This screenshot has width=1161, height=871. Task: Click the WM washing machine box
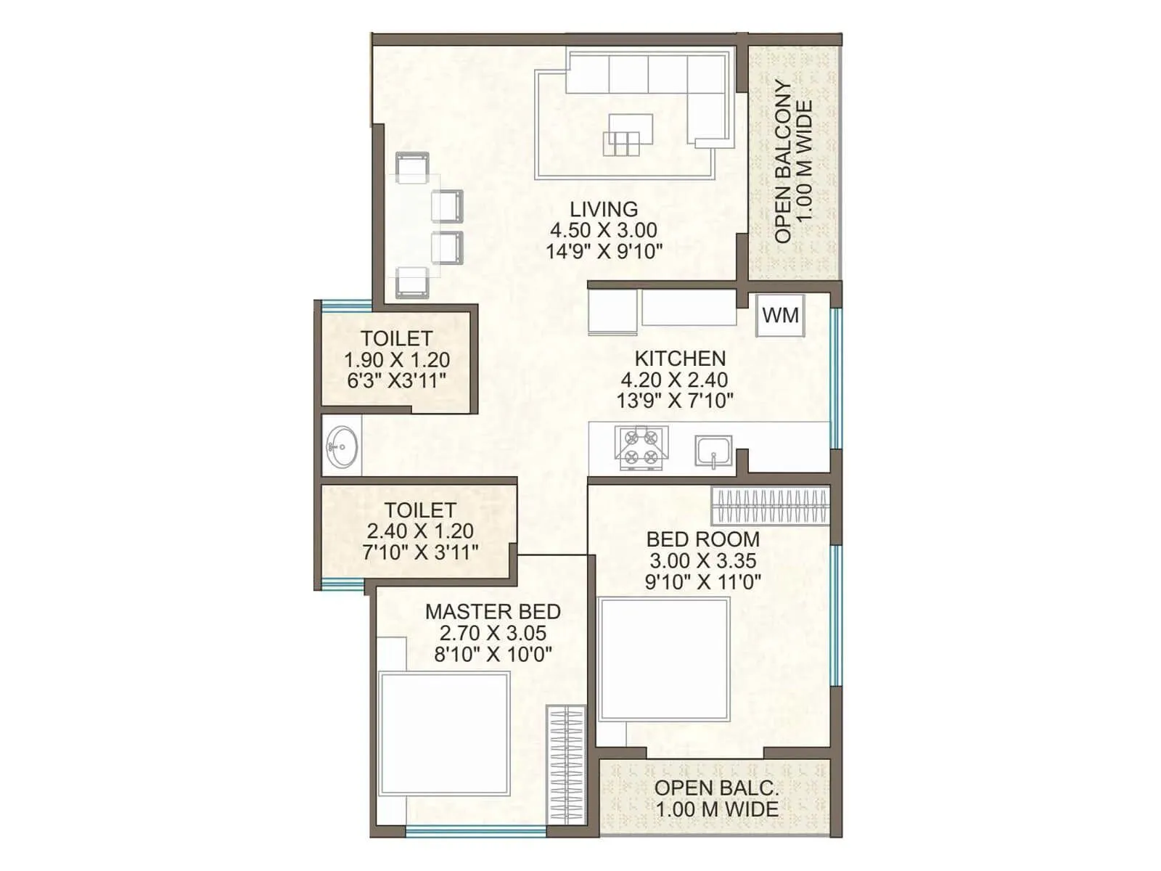[x=781, y=316]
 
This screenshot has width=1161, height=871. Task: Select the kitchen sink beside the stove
[x=713, y=451]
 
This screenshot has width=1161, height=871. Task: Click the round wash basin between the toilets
[x=341, y=445]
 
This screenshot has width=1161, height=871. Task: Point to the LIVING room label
[x=604, y=209]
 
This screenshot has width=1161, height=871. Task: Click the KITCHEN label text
[x=680, y=359]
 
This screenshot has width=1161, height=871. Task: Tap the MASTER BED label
[x=493, y=611]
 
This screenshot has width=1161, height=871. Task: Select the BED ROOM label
[x=702, y=539]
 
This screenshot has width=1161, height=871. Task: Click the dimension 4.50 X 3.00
[x=604, y=231]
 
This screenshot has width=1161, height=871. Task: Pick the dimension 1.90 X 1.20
[x=396, y=360]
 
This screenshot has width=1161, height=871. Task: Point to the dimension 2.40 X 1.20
[x=419, y=531]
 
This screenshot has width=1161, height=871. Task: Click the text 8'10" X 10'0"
[x=493, y=655]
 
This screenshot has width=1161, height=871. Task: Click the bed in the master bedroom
[x=444, y=733]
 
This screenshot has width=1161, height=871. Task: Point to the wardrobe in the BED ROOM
[x=770, y=505]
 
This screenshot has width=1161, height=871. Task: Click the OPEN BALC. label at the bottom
[x=716, y=788]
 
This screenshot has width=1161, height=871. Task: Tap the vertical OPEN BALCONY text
[x=783, y=161]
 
